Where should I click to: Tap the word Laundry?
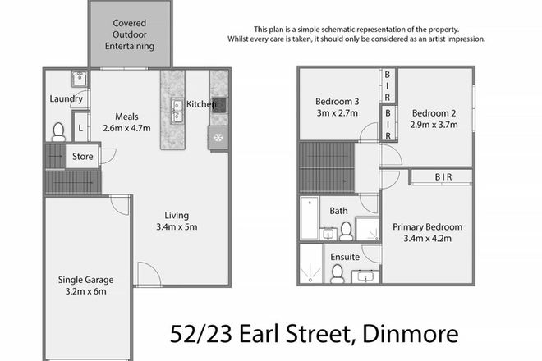(x=66, y=99)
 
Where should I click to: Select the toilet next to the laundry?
(x=58, y=131)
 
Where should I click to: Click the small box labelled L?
(x=80, y=128)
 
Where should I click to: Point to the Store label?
(x=82, y=156)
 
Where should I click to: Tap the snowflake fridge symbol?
(x=219, y=137)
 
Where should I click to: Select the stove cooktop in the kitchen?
(x=219, y=104)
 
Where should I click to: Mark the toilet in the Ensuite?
(x=338, y=274)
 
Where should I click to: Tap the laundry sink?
(x=79, y=80)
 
